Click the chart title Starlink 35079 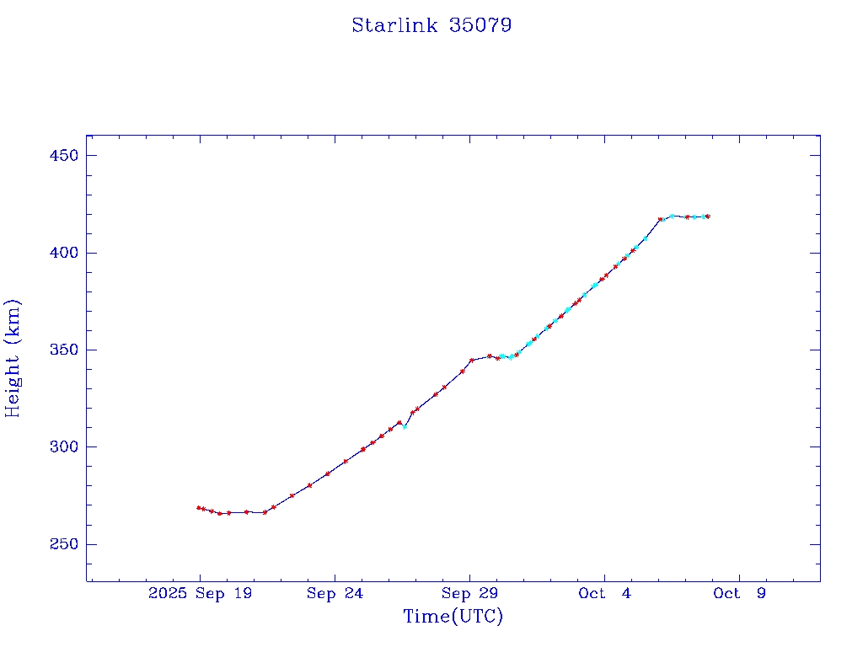[431, 25]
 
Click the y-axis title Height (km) [13, 358]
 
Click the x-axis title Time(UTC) [453, 617]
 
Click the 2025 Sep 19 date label [200, 593]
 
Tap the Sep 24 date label [335, 593]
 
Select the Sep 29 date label [469, 593]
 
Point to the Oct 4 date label [604, 593]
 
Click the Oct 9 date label [739, 593]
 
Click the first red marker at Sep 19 [199, 508]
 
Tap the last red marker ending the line [708, 217]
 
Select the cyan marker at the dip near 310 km [405, 427]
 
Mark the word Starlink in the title [394, 25]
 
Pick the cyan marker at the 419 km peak [672, 216]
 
